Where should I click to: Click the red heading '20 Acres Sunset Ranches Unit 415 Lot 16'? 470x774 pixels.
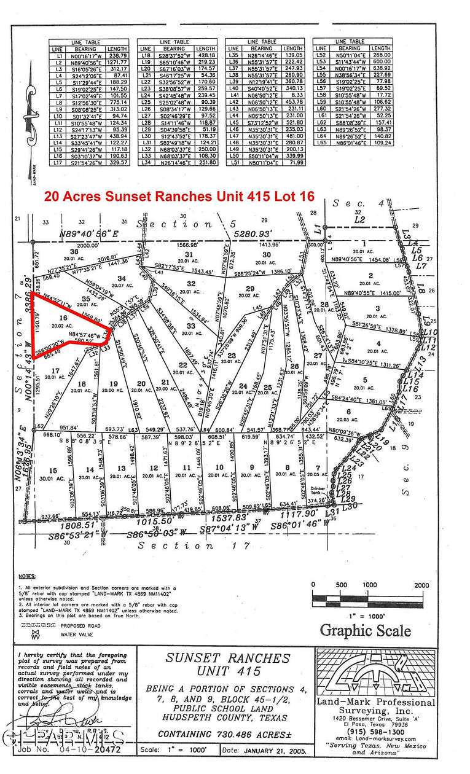pos(179,197)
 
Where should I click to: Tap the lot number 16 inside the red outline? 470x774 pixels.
pos(63,317)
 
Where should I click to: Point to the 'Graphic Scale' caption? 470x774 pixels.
pos(365,630)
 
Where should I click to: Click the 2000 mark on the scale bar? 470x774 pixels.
pos(421,585)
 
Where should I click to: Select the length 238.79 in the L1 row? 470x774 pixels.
pos(118,55)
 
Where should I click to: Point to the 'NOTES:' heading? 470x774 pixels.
pos(26,577)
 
